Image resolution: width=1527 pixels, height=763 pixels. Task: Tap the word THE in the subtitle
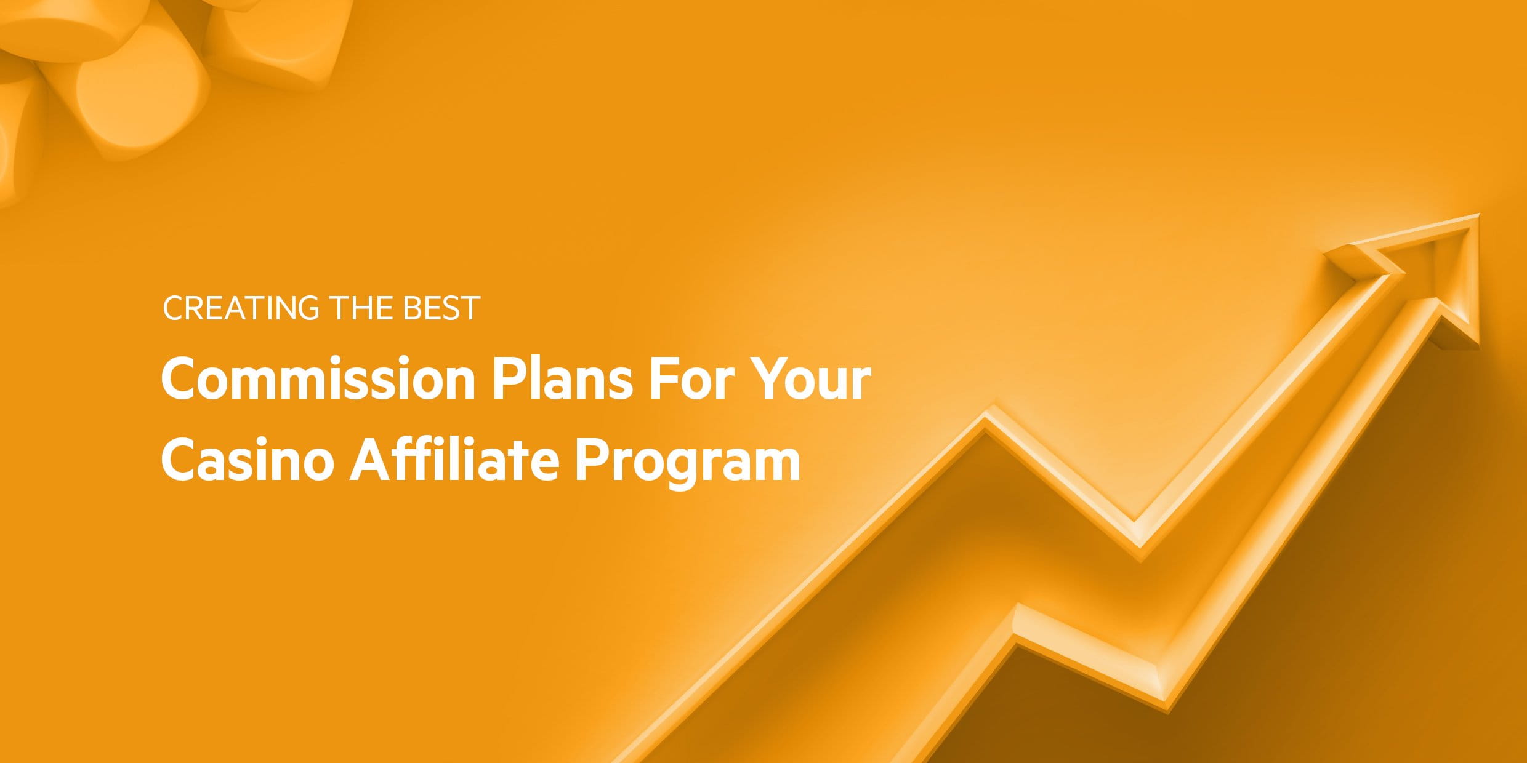point(360,308)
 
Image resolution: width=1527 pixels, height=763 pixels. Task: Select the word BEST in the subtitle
point(441,308)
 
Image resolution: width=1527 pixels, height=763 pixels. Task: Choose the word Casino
point(248,460)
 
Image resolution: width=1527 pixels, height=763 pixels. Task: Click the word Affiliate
point(454,458)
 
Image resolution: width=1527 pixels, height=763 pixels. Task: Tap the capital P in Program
point(592,459)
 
